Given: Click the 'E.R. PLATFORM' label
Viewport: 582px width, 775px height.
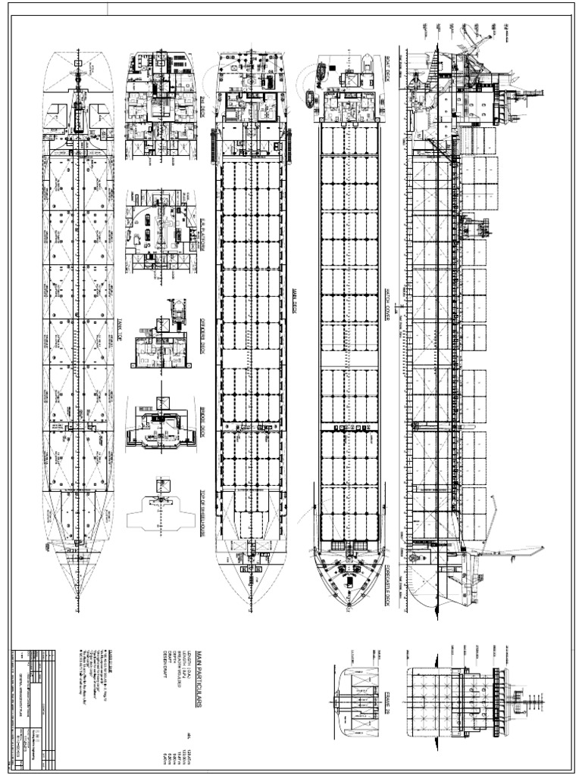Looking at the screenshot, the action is pos(202,224).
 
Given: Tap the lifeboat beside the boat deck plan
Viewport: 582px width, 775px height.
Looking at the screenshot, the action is pos(309,98).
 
